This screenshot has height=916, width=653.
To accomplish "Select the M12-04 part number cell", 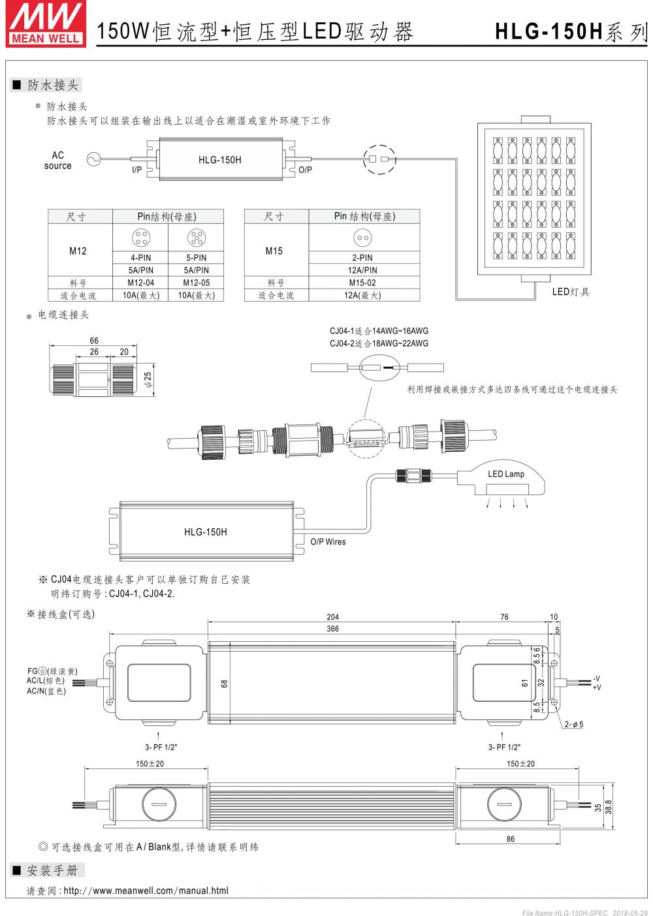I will (140, 283).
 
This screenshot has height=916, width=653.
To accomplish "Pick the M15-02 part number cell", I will (362, 283).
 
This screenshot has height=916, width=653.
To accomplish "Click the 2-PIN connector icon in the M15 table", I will (362, 238).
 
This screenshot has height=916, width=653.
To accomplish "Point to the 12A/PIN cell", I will (362, 270).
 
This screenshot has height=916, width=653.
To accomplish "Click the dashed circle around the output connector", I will (379, 159).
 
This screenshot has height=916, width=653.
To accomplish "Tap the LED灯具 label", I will (570, 292).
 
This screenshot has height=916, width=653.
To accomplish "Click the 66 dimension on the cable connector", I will (94, 341).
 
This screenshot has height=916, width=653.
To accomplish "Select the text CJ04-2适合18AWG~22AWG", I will (379, 343).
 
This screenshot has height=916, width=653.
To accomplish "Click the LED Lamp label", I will (506, 474).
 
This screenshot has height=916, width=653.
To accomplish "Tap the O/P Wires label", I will (328, 542).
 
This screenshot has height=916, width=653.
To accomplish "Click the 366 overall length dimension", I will (332, 629).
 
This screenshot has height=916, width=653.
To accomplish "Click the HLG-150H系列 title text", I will (569, 31).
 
